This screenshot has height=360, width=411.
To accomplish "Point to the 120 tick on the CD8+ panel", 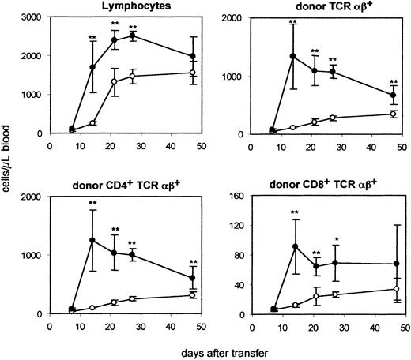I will pyautogui.click(x=235, y=227).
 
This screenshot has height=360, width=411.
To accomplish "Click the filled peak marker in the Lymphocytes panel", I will pyautogui.click(x=132, y=36).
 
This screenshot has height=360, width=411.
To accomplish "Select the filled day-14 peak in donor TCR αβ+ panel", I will pyautogui.click(x=293, y=56).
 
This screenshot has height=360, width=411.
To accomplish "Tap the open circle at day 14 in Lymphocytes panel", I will pyautogui.click(x=93, y=123).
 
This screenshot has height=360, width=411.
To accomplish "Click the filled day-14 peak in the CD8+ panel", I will pyautogui.click(x=293, y=246).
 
